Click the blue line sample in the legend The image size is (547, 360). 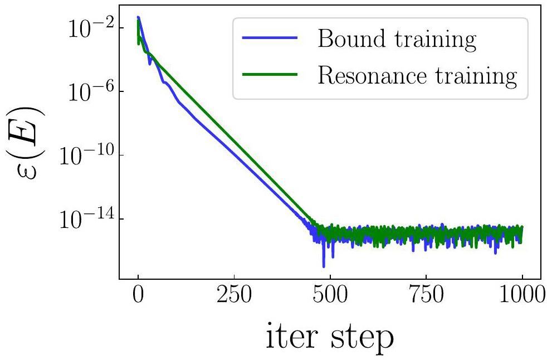point(270,40)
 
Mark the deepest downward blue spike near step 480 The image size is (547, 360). point(323,266)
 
